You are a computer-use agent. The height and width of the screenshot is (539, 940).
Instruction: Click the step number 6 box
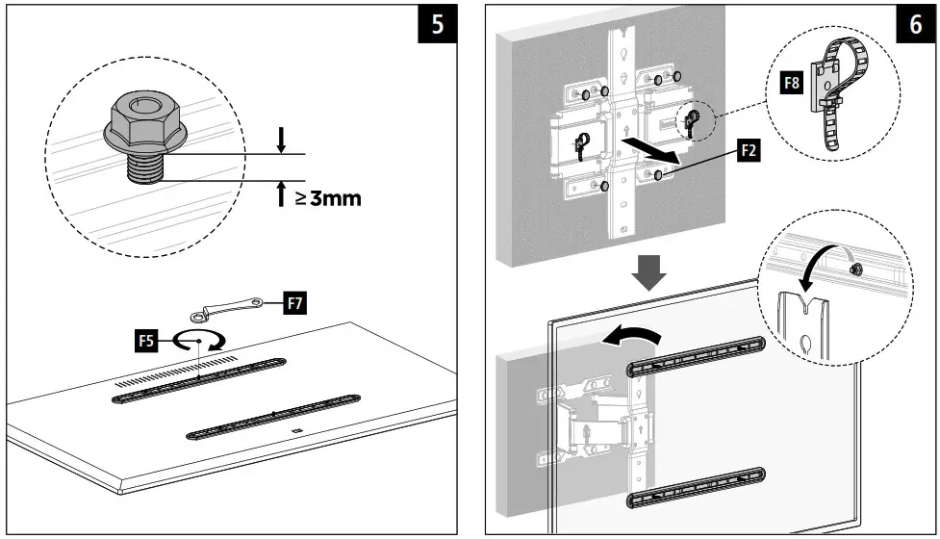914,26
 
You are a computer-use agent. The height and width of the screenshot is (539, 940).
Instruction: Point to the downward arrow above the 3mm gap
281,140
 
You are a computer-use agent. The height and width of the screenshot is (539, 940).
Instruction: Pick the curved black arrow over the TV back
632,333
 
